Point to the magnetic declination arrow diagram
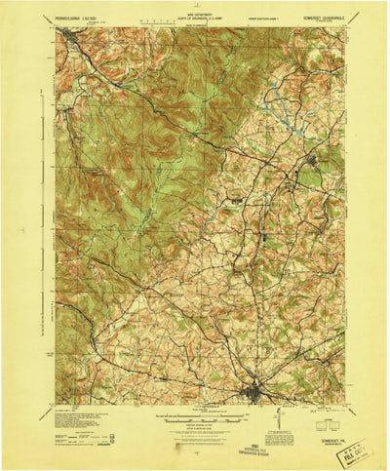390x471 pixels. tap(278, 418)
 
